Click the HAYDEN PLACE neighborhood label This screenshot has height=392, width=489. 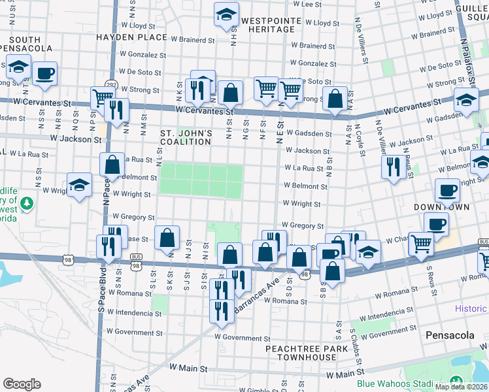click(x=131, y=37)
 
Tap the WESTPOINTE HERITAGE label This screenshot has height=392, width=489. click(x=271, y=25)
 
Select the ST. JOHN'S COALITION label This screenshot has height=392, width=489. click(x=186, y=138)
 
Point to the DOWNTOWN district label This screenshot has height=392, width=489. click(x=442, y=207)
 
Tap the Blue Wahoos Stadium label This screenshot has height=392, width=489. click(x=397, y=384)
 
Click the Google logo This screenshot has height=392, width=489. click(x=22, y=384)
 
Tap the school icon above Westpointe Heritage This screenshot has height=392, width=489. click(x=226, y=15)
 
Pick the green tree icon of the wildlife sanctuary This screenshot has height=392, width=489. click(x=26, y=205)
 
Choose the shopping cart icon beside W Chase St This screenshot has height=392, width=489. click(x=421, y=244)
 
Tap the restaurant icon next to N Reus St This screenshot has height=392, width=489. click(x=392, y=167)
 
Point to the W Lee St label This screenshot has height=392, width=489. click(x=312, y=4)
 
